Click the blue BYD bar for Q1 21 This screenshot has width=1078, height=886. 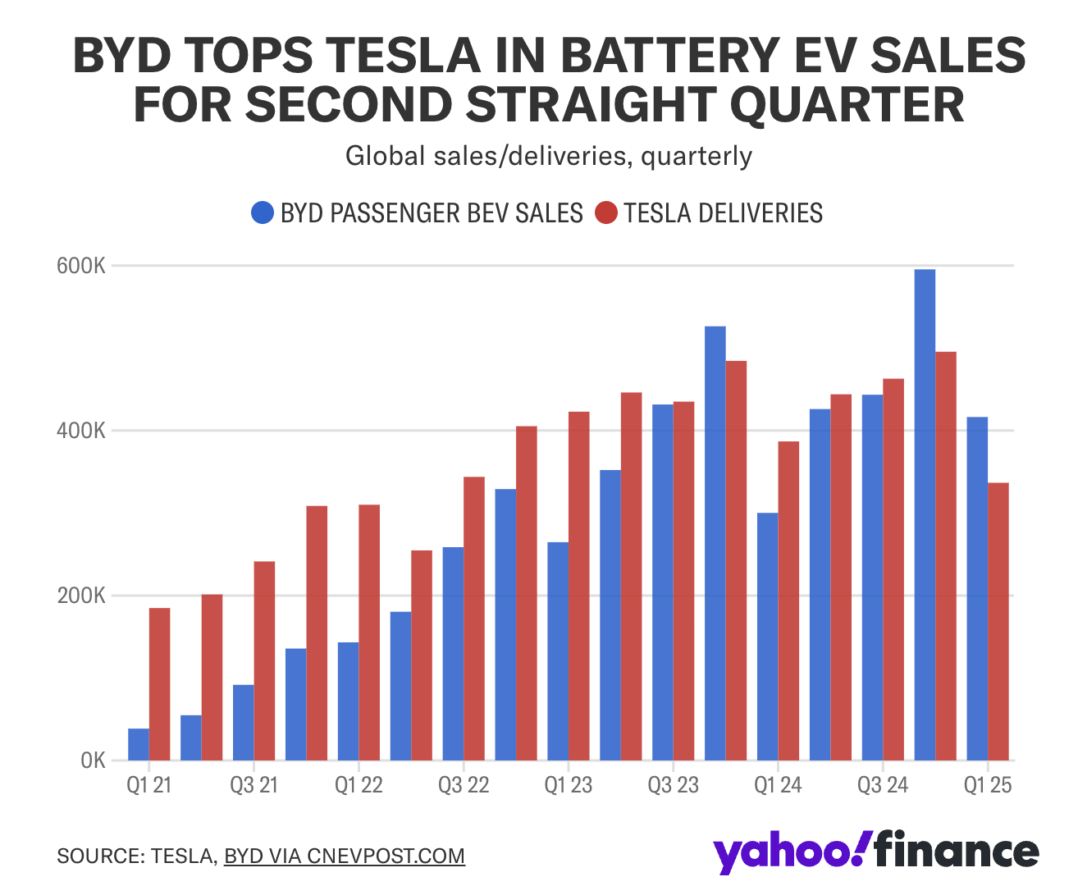[139, 744]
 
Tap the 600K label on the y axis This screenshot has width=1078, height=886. [81, 267]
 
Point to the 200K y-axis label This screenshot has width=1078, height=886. [81, 596]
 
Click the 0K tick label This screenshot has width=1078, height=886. [93, 760]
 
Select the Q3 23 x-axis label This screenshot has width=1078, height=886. [673, 786]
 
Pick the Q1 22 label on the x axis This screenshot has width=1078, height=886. [359, 786]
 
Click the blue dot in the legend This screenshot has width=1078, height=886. [263, 213]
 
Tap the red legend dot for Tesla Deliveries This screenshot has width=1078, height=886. [605, 213]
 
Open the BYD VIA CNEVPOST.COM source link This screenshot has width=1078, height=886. [344, 856]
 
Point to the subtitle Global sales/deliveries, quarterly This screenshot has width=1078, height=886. [548, 156]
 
